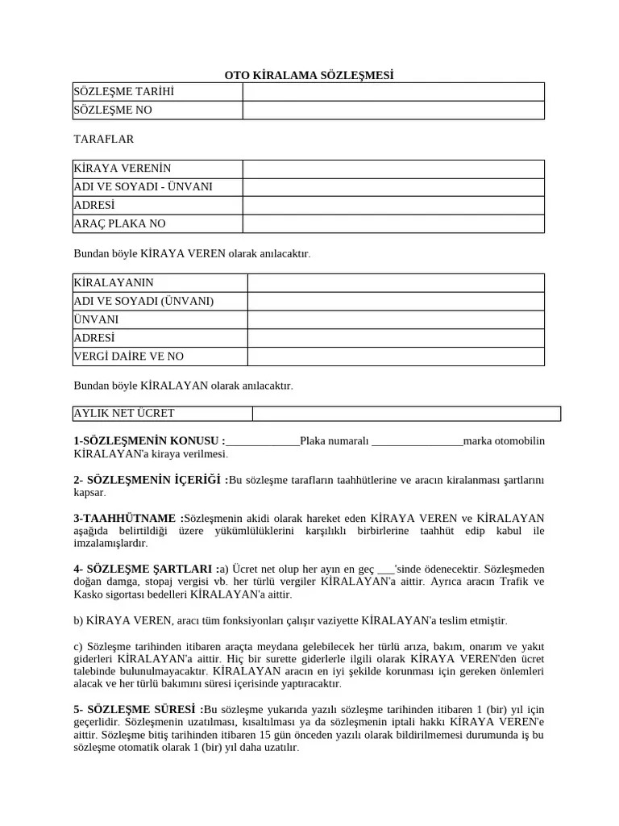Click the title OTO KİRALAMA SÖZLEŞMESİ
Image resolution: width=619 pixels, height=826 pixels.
309,76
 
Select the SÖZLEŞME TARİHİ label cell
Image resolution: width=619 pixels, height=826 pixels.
157,92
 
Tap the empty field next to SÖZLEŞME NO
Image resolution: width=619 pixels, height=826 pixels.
393,110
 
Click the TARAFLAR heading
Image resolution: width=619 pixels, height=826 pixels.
103,140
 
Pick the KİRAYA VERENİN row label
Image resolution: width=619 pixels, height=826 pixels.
157,169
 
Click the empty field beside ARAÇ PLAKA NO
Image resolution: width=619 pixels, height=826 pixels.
393,223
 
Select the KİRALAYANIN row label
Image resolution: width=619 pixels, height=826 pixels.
160,283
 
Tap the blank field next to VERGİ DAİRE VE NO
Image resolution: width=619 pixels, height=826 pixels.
396,357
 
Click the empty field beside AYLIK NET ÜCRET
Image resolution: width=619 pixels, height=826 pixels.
406,414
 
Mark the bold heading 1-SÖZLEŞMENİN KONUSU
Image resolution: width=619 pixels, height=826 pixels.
149,441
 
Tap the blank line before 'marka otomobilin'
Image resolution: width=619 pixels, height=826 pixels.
418,442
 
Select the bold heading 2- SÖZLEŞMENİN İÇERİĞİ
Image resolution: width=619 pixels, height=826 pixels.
151,481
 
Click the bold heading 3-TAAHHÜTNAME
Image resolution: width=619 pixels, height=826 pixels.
127,518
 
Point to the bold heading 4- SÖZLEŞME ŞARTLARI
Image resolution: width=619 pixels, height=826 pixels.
145,569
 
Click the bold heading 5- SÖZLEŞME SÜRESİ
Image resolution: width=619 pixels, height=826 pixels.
138,709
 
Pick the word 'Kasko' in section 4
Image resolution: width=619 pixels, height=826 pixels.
87,594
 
